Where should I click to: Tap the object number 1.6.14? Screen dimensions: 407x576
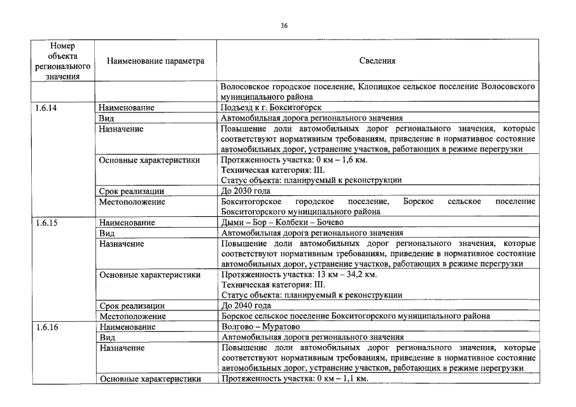pos(46,108)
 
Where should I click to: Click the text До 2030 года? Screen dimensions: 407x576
pos(246,191)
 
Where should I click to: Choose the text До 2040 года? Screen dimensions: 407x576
pos(246,305)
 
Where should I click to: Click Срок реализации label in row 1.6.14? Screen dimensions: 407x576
pos(131,191)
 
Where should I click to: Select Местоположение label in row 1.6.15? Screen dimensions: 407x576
pos(132,316)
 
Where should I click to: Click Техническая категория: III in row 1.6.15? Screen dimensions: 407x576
pos(272,284)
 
